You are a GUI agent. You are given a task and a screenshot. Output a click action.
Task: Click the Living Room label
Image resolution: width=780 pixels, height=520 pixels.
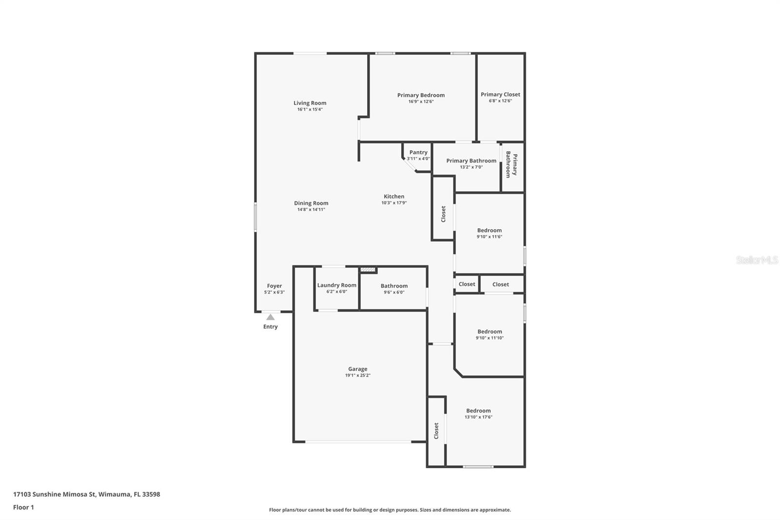[310, 103]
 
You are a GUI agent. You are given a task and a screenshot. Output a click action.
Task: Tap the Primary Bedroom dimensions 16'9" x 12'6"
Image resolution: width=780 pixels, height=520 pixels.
[421, 101]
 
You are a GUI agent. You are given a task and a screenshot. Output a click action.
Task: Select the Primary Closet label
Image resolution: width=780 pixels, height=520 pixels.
[500, 95]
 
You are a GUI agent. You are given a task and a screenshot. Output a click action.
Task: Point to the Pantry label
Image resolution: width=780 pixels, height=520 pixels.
[418, 152]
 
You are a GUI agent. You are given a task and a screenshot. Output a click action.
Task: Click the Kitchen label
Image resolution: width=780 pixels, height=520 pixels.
[394, 196]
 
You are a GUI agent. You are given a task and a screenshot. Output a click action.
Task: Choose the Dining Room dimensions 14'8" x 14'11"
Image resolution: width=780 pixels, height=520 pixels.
[311, 210]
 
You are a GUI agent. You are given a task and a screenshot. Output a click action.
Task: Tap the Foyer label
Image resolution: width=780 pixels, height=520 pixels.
[274, 286]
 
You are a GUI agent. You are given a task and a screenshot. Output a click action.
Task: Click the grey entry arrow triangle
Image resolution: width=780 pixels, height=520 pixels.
[271, 317]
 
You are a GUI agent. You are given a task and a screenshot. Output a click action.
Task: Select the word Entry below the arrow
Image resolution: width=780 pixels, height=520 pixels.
[271, 327]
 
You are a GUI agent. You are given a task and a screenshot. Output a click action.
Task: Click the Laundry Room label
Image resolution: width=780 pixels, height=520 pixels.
[336, 285]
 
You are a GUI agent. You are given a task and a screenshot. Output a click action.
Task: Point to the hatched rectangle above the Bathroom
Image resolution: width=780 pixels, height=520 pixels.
[368, 269]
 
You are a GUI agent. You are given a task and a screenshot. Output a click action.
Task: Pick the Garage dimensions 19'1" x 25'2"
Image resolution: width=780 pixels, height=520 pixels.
[357, 376]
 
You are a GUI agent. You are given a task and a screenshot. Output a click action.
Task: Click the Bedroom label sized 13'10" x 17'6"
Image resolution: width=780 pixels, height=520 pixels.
[478, 411]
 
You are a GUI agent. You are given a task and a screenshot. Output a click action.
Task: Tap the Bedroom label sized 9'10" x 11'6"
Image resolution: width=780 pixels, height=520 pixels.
[489, 230]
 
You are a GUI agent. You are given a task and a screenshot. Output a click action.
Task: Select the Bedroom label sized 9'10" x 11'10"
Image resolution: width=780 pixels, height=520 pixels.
[489, 331]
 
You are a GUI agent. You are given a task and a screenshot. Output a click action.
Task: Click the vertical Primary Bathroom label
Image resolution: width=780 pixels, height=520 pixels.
[511, 165]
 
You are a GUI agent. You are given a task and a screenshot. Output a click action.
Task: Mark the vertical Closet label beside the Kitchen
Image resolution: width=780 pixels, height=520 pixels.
[443, 214]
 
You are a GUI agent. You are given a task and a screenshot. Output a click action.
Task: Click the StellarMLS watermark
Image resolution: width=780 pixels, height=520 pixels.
[757, 260]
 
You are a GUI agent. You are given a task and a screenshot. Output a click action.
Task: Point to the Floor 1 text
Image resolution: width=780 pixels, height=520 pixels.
[23, 507]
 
